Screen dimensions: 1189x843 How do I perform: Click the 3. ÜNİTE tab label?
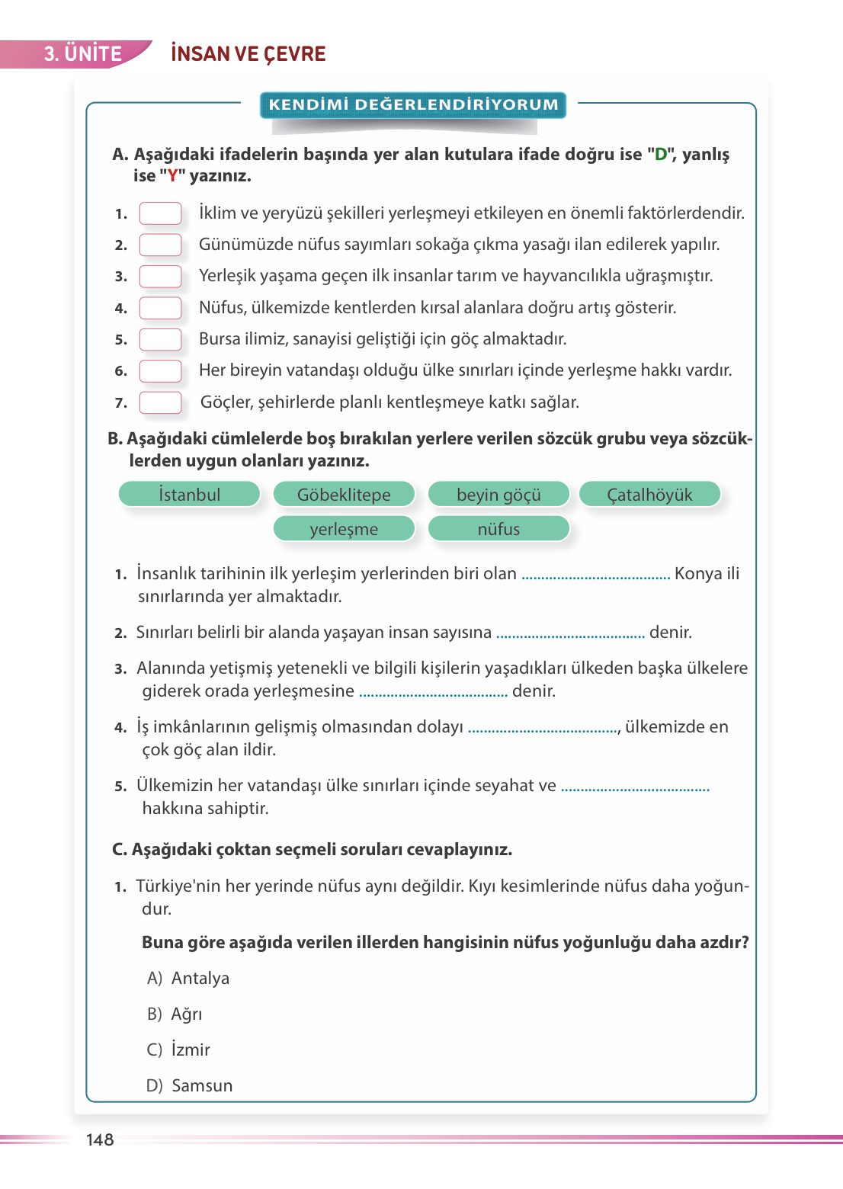click(x=82, y=54)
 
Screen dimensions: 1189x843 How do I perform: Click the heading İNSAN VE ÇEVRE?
click(x=248, y=54)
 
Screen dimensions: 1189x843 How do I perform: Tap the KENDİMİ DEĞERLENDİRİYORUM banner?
click(x=413, y=105)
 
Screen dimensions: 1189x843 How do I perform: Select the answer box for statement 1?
click(x=160, y=213)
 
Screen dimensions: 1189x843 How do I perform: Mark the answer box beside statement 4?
click(x=160, y=308)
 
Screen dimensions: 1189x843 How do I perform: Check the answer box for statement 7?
click(x=160, y=402)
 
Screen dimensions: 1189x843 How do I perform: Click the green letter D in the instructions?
click(x=661, y=155)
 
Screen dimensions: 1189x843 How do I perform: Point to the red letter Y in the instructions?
click(x=173, y=176)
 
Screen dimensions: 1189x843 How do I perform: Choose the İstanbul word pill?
click(x=190, y=495)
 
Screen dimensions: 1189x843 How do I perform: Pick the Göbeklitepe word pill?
click(x=344, y=495)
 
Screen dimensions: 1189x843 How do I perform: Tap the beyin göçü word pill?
click(x=498, y=495)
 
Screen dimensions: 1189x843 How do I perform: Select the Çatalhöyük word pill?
click(x=649, y=495)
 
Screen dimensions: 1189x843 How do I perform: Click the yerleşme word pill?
click(x=344, y=529)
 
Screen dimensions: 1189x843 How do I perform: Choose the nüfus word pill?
click(x=498, y=529)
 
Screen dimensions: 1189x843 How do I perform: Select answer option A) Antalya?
click(x=188, y=978)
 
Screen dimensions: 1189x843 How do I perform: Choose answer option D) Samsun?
click(x=190, y=1085)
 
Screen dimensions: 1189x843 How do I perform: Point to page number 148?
click(x=100, y=1139)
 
